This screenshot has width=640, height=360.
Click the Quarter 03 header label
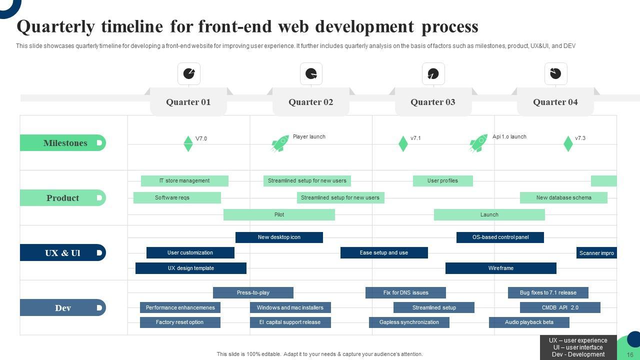point(433,102)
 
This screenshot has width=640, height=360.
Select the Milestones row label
point(65,143)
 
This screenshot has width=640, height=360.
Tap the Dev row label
point(63,308)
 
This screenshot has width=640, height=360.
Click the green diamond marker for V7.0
point(188,143)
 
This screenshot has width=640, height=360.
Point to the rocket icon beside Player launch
point(280,143)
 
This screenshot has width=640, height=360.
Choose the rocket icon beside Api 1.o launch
point(478,143)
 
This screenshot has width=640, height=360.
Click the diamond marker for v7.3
point(568,143)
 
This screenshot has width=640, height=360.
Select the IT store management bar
point(184,181)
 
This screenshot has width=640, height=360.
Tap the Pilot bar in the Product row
point(279,215)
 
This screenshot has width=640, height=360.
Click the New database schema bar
point(563,198)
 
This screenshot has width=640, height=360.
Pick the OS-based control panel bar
point(500,237)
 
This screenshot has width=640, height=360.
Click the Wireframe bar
point(500,268)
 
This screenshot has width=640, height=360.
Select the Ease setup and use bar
point(384,253)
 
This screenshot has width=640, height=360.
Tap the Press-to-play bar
point(253,293)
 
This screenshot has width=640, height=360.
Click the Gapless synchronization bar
point(409,322)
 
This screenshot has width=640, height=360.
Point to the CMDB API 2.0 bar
point(560,308)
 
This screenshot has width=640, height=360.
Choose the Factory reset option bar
point(179,322)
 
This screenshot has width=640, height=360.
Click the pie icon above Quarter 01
point(189,73)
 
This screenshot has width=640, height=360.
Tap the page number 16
point(629,355)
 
